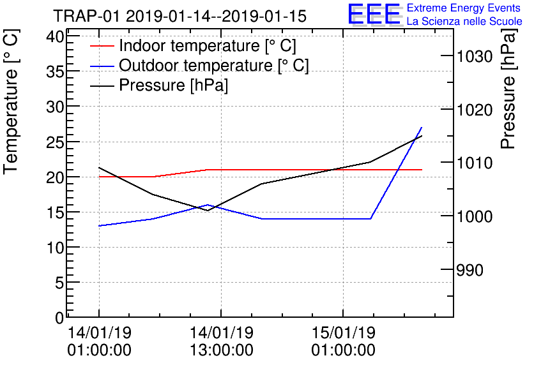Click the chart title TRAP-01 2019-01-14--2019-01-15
pos(179,15)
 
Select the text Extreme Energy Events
pos(464,8)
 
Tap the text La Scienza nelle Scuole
pos(464,22)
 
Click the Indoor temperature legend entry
pos(208,46)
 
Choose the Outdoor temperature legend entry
pos(214,66)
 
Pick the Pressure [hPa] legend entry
pos(174,85)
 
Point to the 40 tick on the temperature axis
pos(55,37)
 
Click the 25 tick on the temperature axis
pos(55,142)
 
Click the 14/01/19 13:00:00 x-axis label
pos(221,341)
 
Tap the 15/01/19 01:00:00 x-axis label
pos(343,341)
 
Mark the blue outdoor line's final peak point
pos(422,128)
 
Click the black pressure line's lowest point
pos(208,211)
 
